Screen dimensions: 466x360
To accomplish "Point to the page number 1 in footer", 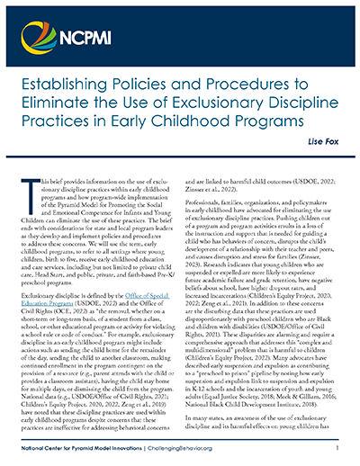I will [336, 447].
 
